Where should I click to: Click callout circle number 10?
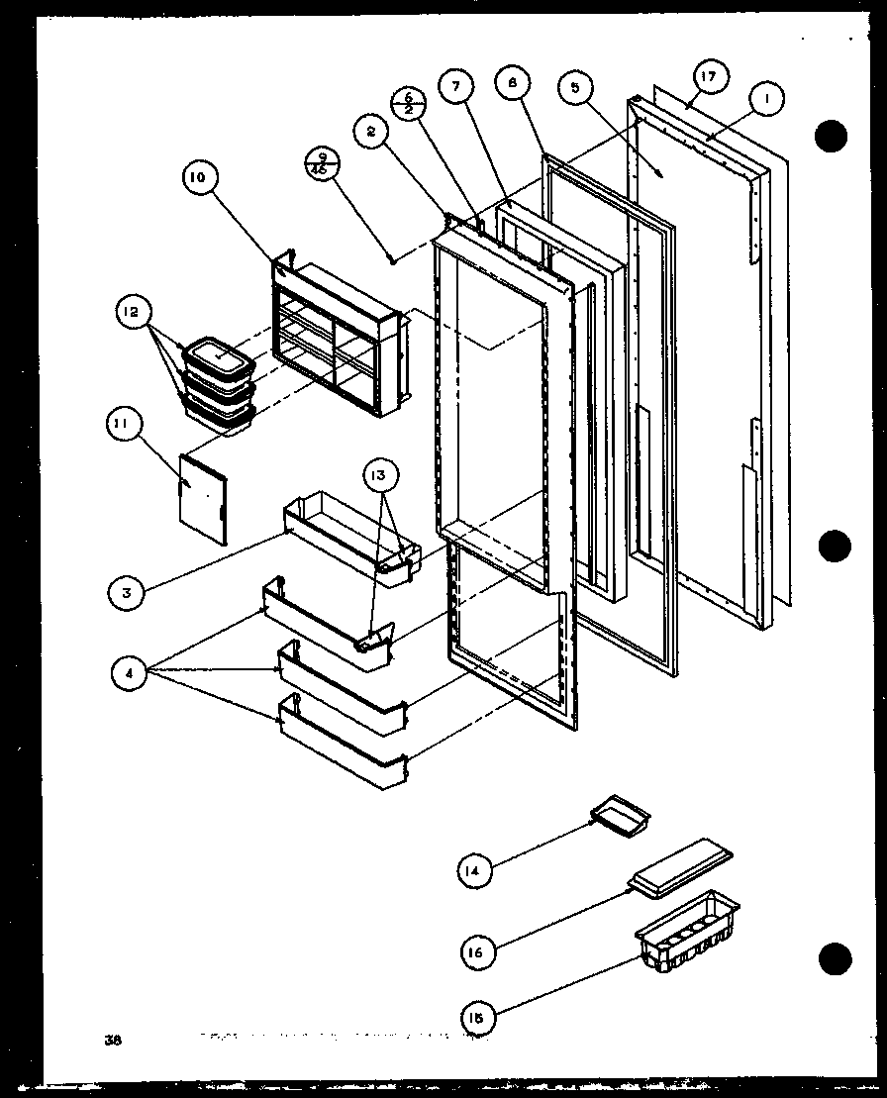(196, 178)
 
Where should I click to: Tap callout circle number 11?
(124, 428)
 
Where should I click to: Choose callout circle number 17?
(710, 75)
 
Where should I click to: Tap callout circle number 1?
(766, 98)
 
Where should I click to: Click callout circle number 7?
(455, 87)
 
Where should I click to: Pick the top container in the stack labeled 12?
(220, 354)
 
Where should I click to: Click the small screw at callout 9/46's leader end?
(393, 260)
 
